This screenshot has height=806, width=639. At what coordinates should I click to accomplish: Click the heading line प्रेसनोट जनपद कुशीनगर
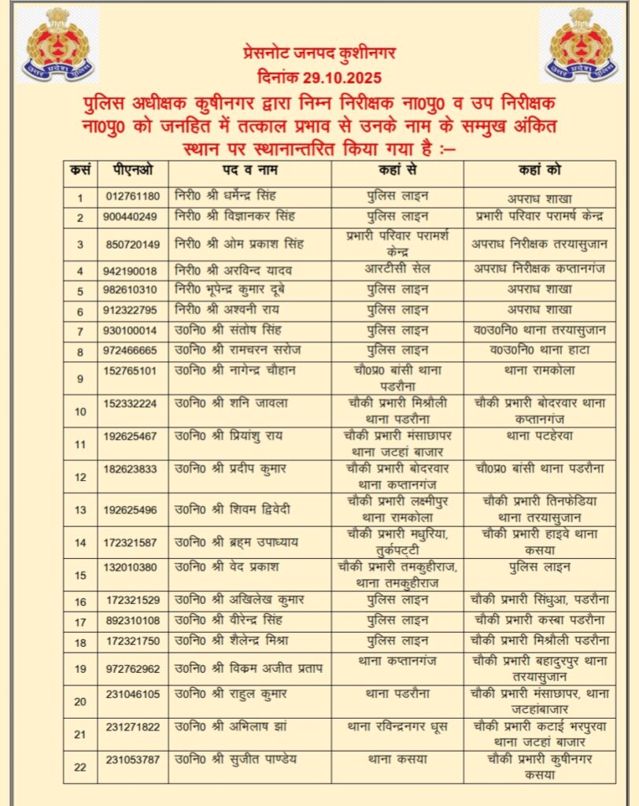pos(319,54)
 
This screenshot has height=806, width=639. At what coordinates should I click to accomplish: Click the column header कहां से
pos(397,170)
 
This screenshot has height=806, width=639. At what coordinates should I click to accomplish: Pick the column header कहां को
pos(539,170)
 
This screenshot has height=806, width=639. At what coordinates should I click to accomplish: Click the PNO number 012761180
pos(131,196)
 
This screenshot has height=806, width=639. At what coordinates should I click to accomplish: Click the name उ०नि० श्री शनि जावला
pos(232,403)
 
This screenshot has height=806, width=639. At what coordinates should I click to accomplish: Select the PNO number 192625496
pos(131,509)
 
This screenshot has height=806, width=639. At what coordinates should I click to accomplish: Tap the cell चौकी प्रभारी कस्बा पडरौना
pos(539,620)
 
